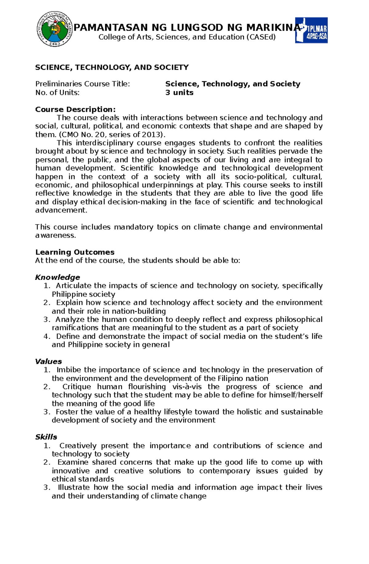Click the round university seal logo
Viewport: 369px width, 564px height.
(55, 29)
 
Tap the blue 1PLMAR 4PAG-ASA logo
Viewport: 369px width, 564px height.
(311, 30)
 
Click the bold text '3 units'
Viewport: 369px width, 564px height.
(179, 93)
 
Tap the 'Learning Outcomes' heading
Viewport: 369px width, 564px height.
(75, 252)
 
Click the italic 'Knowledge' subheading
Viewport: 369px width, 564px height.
(58, 277)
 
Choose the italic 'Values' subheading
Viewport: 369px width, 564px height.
(48, 361)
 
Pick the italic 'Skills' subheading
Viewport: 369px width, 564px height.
(46, 437)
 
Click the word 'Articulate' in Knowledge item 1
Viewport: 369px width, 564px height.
(73, 286)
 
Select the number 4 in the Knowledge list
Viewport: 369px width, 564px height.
(46, 336)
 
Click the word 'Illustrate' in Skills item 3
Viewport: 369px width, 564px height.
(73, 487)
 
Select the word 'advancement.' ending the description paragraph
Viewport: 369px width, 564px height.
(61, 210)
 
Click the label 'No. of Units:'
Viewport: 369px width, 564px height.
(57, 93)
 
